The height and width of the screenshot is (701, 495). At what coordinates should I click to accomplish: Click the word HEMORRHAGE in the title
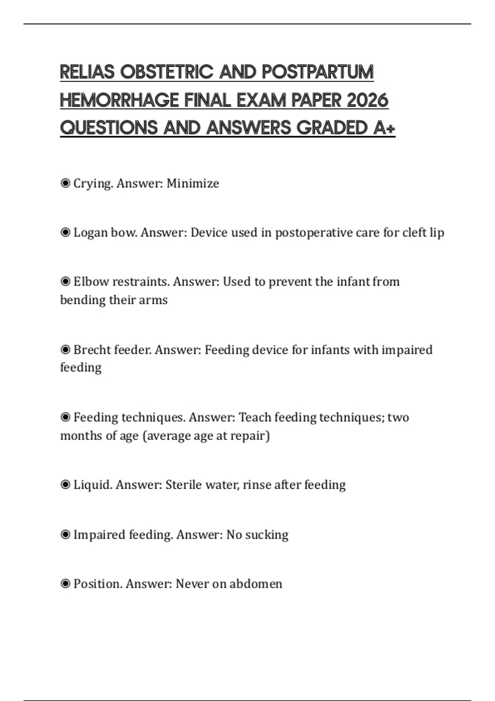(x=120, y=100)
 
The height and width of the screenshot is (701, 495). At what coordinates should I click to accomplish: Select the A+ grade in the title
(x=384, y=128)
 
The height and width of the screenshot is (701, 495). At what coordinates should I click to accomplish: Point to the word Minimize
(x=193, y=183)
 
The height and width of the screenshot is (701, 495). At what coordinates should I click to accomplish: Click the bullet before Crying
(x=65, y=183)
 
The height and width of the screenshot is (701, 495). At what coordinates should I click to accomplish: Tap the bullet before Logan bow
(x=65, y=233)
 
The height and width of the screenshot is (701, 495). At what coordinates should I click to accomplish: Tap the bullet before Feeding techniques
(x=65, y=417)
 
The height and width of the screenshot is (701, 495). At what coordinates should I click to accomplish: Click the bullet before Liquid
(x=65, y=485)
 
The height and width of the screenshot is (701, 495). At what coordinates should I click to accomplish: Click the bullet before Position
(x=65, y=584)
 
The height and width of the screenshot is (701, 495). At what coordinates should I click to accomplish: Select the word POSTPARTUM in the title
(x=318, y=72)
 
